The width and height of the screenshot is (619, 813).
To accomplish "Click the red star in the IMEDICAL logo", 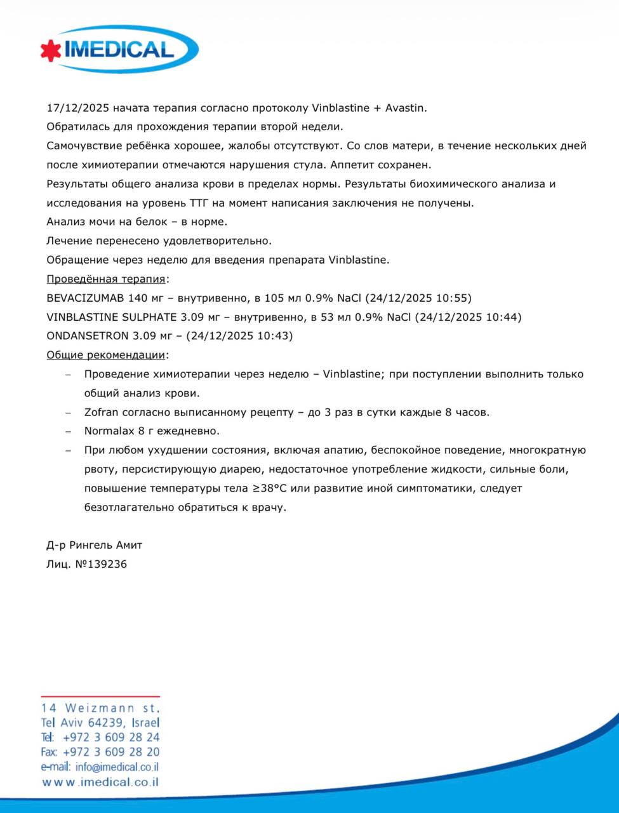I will click(51, 51).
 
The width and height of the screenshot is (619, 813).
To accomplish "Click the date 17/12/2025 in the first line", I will click(76, 108).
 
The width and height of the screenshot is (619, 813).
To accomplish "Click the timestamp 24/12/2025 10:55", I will click(418, 298).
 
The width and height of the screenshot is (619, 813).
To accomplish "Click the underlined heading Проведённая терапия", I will click(106, 279).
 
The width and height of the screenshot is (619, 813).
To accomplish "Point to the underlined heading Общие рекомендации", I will click(106, 355).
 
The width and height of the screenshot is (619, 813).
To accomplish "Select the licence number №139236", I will click(101, 564).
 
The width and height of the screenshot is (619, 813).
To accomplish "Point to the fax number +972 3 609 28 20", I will click(111, 752).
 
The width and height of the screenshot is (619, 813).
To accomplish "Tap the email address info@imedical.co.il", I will click(117, 767).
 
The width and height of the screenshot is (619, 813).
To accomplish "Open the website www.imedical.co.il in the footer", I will click(100, 783).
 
